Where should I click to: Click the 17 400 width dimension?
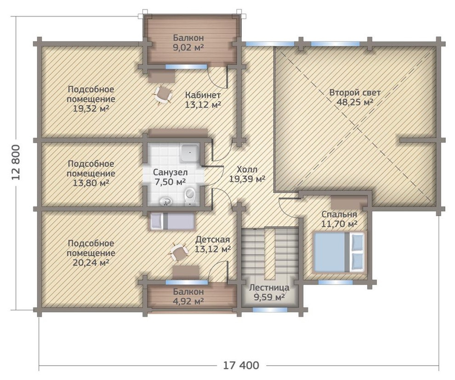(x=241, y=365)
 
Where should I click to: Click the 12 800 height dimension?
(x=17, y=162)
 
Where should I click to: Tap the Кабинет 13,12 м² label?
(x=203, y=100)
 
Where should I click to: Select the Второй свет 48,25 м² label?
(x=355, y=97)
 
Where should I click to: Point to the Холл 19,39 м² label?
(x=247, y=174)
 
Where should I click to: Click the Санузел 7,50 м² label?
(x=171, y=177)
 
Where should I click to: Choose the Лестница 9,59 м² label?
(x=269, y=292)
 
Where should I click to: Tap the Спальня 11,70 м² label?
(x=339, y=219)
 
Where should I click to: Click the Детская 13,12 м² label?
(x=213, y=244)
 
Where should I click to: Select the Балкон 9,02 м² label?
(x=188, y=43)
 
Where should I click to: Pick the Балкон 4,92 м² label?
(x=188, y=296)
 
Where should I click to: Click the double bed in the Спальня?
(x=339, y=252)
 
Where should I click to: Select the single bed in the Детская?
(x=172, y=222)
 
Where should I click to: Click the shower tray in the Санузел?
(x=190, y=152)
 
